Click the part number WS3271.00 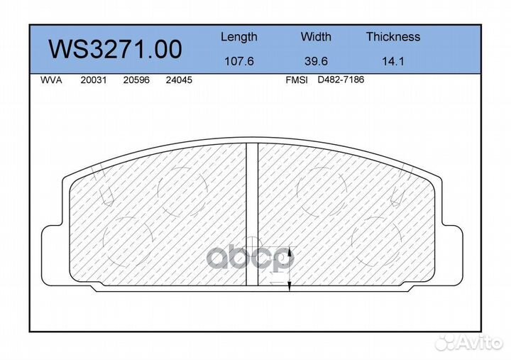click(x=115, y=49)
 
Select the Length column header click(x=239, y=37)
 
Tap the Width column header click(x=316, y=36)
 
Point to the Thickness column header click(x=393, y=36)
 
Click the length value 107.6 click(x=239, y=61)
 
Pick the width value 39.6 click(x=316, y=61)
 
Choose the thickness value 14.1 click(x=393, y=61)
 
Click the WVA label click(x=51, y=80)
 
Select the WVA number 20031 click(x=94, y=80)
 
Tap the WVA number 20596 click(x=136, y=80)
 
